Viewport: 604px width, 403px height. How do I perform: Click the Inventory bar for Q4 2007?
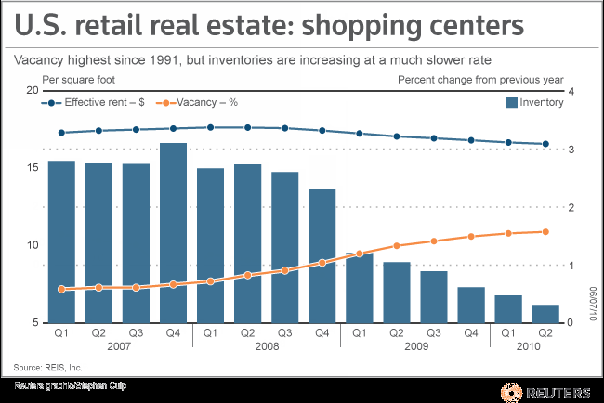pyautogui.click(x=174, y=232)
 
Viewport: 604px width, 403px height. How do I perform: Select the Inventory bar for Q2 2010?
pyautogui.click(x=546, y=314)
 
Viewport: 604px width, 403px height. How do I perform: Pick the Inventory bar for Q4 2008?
pyautogui.click(x=322, y=255)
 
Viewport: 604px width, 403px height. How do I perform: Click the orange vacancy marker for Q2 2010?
pyautogui.click(x=546, y=232)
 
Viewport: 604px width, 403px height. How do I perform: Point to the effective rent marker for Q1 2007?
pyautogui.click(x=61, y=133)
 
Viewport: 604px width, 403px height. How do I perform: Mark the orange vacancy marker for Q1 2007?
pyautogui.click(x=61, y=289)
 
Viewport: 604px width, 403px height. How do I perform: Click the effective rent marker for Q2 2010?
pyautogui.click(x=546, y=144)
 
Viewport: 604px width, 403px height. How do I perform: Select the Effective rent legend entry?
pyautogui.click(x=93, y=103)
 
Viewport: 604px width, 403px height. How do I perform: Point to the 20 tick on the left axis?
pyautogui.click(x=33, y=90)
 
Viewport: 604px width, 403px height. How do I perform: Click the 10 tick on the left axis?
pyautogui.click(x=33, y=245)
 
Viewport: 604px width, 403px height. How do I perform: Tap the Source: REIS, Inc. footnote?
pyautogui.click(x=47, y=366)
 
